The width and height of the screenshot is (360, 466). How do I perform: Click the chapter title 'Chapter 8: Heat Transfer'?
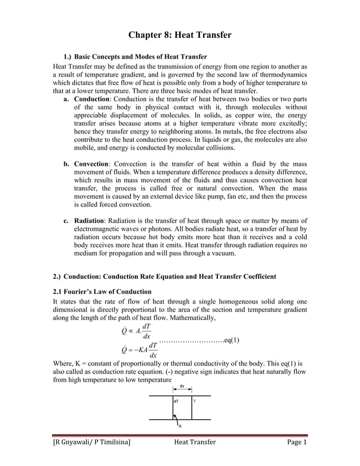[180, 35]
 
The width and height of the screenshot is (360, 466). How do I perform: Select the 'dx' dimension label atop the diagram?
[182, 386]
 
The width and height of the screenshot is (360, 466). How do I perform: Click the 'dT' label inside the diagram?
[177, 402]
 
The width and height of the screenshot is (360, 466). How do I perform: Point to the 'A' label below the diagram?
[180, 427]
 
